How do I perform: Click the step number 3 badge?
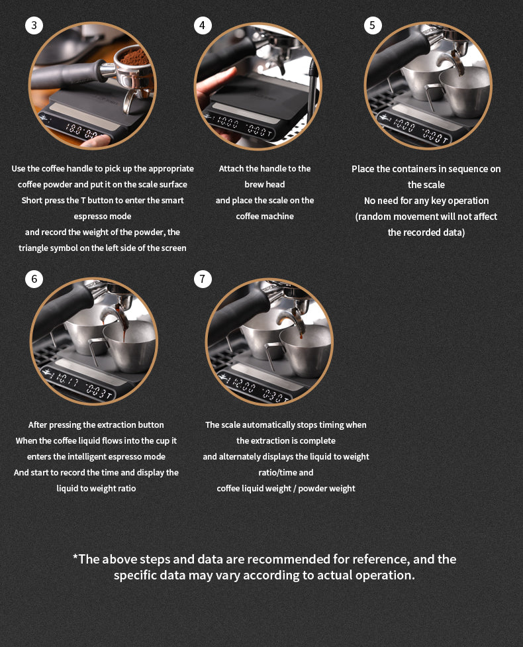[x=34, y=26]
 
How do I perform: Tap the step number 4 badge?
[x=203, y=26]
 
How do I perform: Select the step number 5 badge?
[x=372, y=26]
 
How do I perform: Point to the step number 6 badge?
[x=34, y=279]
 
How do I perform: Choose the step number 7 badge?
[x=203, y=279]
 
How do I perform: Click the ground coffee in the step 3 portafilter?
[x=136, y=56]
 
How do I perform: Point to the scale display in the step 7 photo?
[x=258, y=391]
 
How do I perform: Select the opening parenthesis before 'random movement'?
[x=357, y=217]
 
